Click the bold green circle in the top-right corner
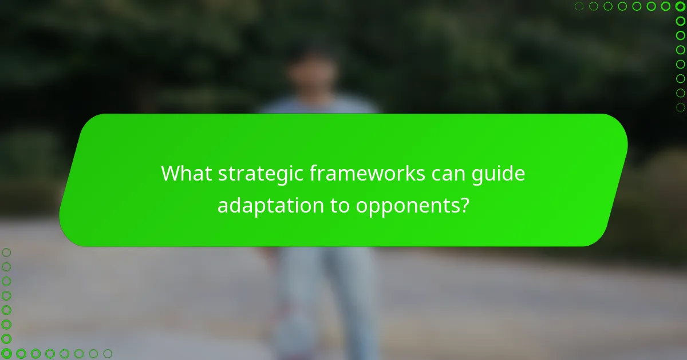pos(680,7)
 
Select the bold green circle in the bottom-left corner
pos(7,354)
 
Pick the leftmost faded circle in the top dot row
pos(579,7)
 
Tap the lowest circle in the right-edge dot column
pos(680,107)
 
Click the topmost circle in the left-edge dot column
pos(7,252)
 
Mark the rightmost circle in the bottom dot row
pos(107,354)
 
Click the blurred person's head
pos(312,71)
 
